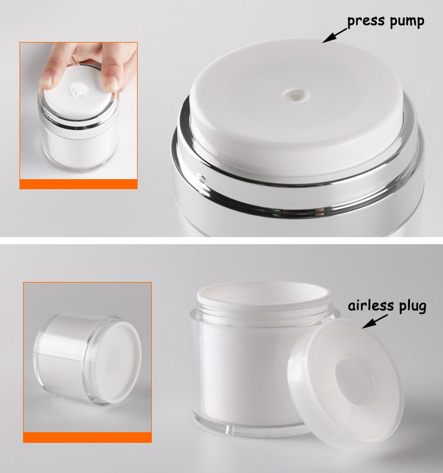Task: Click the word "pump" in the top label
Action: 407,22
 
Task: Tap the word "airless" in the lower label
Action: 371,306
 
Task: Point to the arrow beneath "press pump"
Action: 334,35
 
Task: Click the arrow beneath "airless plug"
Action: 375,322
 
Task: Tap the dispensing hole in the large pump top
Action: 297,95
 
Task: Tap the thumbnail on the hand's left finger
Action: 46,79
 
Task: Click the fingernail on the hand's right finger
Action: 112,83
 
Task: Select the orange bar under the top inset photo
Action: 79,184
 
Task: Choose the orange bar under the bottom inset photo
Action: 87,438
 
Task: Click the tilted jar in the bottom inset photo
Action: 87,359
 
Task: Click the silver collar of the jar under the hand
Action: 78,123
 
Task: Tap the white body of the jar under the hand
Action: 79,152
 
